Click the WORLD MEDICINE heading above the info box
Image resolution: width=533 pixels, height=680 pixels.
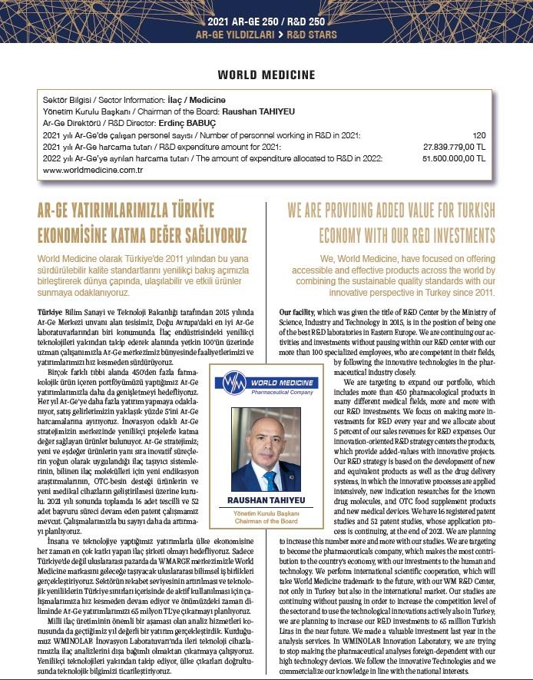click(266, 75)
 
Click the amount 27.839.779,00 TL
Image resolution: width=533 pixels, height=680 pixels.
click(455, 145)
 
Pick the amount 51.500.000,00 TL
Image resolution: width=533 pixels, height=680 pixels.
click(455, 158)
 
